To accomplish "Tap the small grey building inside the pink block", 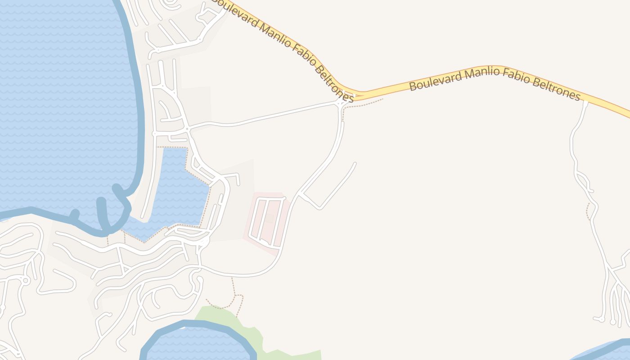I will click(x=269, y=218).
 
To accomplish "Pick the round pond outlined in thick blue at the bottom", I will click(x=198, y=344).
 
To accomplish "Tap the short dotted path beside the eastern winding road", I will click(x=588, y=211).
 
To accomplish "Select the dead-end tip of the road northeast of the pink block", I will click(x=355, y=163).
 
